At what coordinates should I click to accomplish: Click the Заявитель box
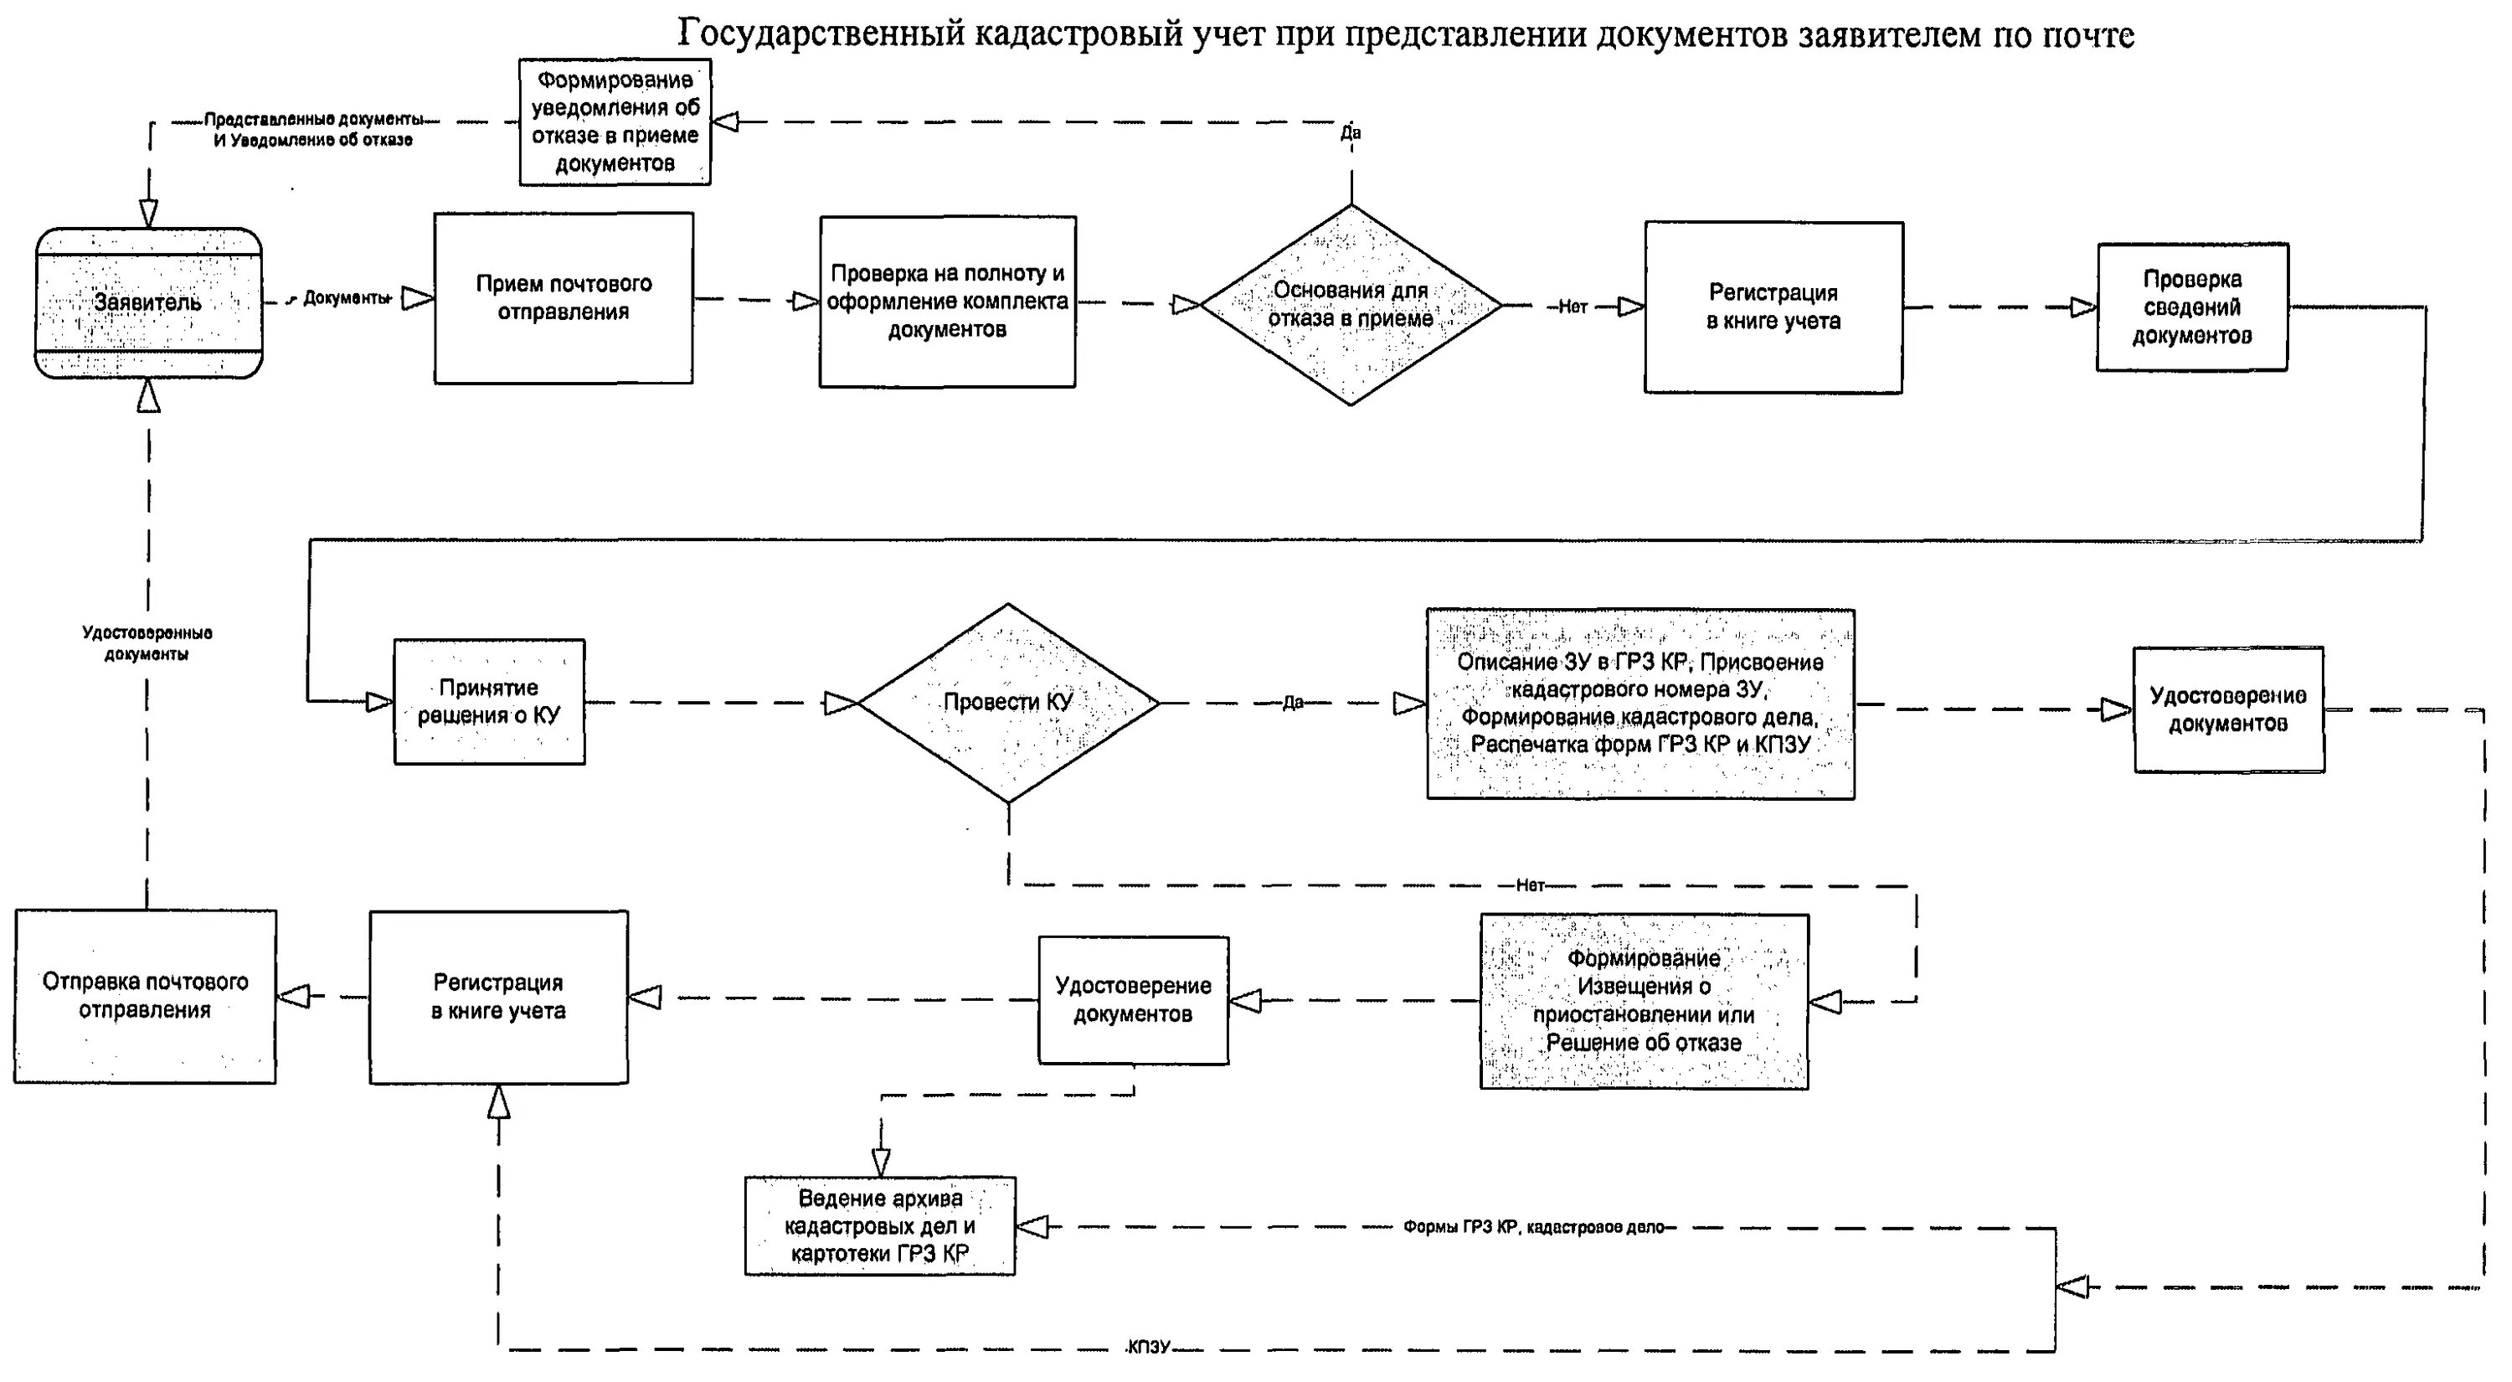[x=148, y=302]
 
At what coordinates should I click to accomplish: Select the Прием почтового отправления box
[x=564, y=298]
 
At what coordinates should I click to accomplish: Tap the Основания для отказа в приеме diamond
[x=1351, y=304]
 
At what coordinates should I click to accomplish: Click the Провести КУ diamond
[x=1007, y=702]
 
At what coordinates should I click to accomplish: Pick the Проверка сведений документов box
[x=2191, y=307]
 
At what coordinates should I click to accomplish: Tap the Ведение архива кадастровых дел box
[x=879, y=1226]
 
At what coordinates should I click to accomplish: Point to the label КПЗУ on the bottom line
[x=1148, y=1348]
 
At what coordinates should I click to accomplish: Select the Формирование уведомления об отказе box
[x=615, y=122]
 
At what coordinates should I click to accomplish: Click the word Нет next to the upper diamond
[x=1572, y=307]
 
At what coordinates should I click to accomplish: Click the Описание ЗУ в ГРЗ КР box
[x=1640, y=704]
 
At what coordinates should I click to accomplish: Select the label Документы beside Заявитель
[x=346, y=297]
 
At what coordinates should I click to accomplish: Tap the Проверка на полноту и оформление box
[x=947, y=302]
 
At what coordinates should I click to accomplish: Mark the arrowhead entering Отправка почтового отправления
[x=294, y=996]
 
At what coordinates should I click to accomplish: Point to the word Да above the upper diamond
[x=1351, y=132]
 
